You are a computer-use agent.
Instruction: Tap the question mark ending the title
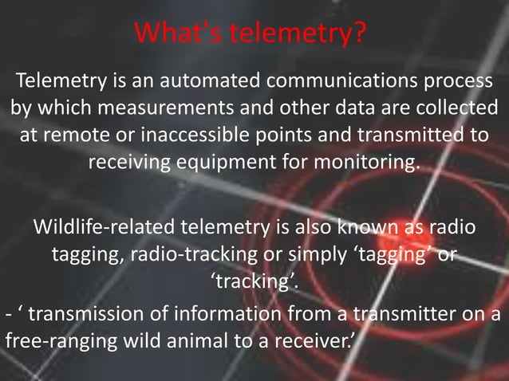[361, 34]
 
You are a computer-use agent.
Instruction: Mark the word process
[457, 81]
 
